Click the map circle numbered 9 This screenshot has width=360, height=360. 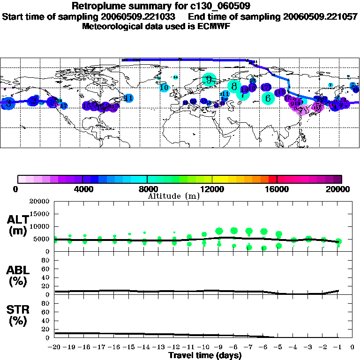pos(209,80)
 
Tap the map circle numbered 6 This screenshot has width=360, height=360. pos(268,98)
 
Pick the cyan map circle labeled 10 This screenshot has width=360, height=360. pos(164,87)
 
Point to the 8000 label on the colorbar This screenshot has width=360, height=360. pos(148,189)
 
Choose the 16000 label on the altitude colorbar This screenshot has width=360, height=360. pos(277,189)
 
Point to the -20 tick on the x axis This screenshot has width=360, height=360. pos(55,347)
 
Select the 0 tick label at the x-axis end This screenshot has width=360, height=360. pos(352,347)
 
